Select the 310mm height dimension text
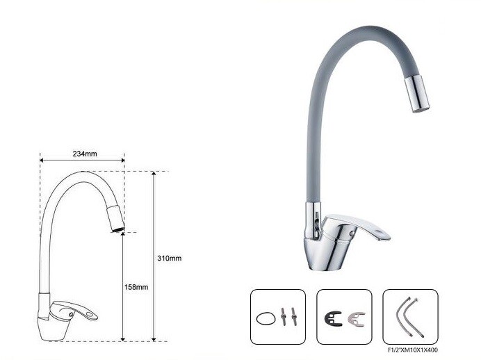pos(170,258)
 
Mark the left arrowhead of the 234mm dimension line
pos(42,160)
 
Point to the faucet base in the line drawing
pos(50,327)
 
